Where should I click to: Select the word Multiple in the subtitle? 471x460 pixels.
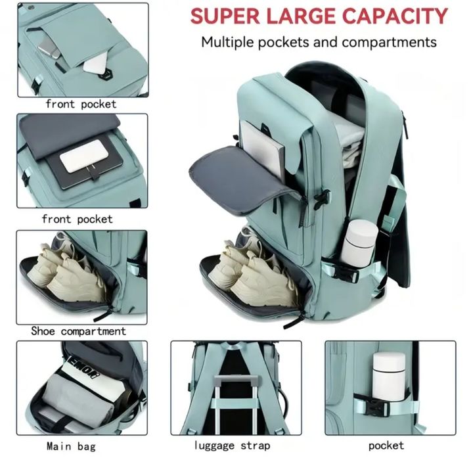pyautogui.click(x=228, y=42)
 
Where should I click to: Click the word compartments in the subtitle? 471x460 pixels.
pyautogui.click(x=389, y=42)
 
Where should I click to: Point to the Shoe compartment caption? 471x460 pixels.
pyautogui.click(x=78, y=331)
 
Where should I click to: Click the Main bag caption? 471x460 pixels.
pyautogui.click(x=71, y=446)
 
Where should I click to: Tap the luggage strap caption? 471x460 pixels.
pyautogui.click(x=232, y=446)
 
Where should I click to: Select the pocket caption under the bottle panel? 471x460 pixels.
pyautogui.click(x=386, y=446)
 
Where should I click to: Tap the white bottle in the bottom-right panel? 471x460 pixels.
pyautogui.click(x=389, y=377)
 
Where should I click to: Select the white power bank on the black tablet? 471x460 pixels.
pyautogui.click(x=81, y=156)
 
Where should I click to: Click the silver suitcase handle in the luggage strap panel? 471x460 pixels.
pyautogui.click(x=236, y=403)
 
